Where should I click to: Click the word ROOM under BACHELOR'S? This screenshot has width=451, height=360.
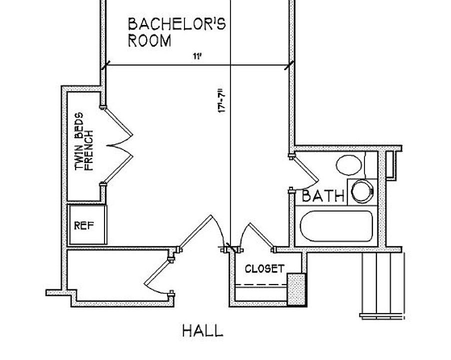click(149, 40)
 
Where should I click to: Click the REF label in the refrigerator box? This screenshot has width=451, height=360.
click(83, 225)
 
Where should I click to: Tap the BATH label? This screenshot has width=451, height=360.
click(323, 196)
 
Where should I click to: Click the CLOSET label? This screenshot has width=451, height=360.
click(264, 269)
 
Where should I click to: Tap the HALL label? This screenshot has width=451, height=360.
click(202, 331)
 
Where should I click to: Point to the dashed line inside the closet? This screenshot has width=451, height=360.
click(260, 285)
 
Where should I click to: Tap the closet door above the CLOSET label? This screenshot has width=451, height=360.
click(255, 236)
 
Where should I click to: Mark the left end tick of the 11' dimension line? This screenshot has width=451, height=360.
click(105, 65)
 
